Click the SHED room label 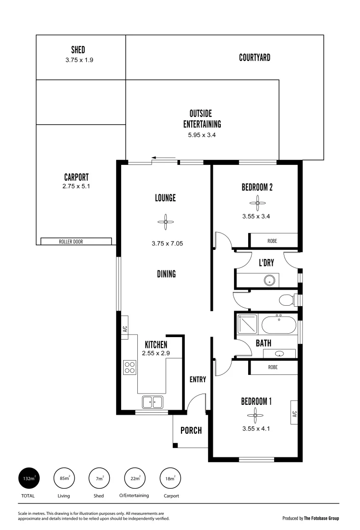pos(78,50)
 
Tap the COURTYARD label pos(255,57)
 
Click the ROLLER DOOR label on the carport pos(76,241)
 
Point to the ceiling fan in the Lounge pos(166,222)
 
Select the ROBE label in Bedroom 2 pos(272,241)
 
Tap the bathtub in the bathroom pos(278,325)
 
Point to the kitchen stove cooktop pos(130,367)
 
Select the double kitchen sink pos(153,402)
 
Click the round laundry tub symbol pos(269,280)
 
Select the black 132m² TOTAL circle pos(27,478)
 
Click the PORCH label pos(191,430)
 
